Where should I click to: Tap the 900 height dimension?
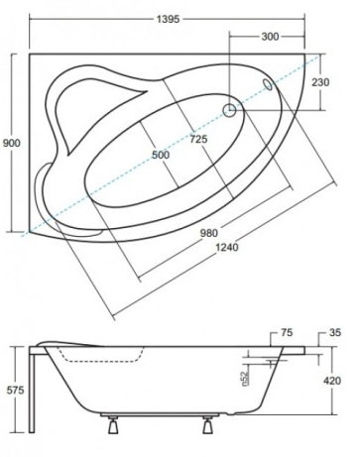pos(11,144)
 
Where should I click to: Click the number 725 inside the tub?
pos(197,140)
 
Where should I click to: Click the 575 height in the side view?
pos(12,391)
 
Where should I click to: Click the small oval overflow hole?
pos(266,86)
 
